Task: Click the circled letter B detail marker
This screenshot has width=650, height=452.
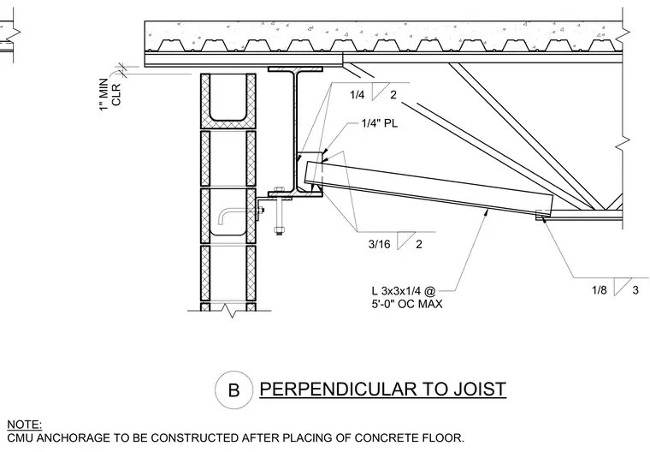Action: pos(233,390)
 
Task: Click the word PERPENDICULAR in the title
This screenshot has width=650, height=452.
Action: pos(338,390)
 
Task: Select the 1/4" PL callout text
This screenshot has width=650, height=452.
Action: pos(379,123)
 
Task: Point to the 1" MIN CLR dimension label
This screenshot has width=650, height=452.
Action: pos(110,94)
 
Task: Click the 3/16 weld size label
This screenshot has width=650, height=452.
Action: pos(379,244)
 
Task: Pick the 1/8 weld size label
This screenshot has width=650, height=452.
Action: pos(599,290)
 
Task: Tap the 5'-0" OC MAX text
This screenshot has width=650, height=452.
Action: pos(407,304)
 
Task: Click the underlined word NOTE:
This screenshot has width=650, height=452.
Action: pos(25,425)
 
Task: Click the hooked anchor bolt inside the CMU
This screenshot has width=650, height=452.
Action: pos(239,215)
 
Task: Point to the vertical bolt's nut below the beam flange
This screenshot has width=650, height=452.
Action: pos(279,229)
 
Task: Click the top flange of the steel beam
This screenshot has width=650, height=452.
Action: pos(295,68)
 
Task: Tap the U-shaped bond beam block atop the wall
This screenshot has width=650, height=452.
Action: pos(228,101)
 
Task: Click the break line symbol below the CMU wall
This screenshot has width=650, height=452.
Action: pos(229,311)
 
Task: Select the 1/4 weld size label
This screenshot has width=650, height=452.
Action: pos(357,95)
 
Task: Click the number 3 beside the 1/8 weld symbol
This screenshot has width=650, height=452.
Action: pos(635,290)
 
